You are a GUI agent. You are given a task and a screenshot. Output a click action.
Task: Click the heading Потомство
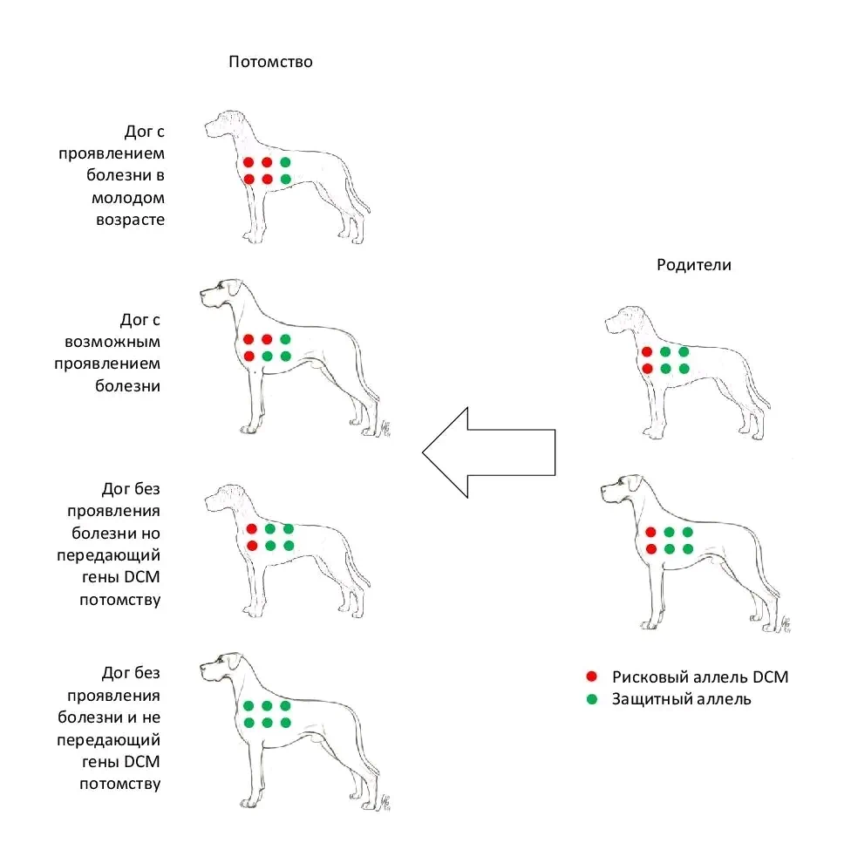coord(270,62)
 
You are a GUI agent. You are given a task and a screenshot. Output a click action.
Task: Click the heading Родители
coord(693,266)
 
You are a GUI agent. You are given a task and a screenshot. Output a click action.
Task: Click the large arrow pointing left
coord(488,452)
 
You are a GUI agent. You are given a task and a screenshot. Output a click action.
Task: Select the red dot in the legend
coord(592,676)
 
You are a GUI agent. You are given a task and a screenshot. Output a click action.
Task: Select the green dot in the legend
coord(592,699)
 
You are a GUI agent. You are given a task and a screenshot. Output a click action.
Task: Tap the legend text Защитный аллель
coord(681,699)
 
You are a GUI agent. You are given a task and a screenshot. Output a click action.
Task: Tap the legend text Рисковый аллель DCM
coord(700,676)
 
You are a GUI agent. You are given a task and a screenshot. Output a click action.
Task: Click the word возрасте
coord(130,219)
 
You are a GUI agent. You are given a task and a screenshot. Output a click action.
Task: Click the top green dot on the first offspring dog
coord(285,162)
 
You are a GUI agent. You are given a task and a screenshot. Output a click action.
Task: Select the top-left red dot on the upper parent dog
coord(647,352)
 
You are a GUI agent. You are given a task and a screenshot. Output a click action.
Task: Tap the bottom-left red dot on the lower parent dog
coord(650,549)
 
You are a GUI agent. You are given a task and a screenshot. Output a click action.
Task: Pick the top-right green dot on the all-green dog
coord(285,706)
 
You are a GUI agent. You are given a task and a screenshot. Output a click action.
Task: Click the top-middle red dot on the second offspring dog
coord(267,339)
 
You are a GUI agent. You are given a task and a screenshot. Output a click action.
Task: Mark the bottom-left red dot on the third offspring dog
coord(252,546)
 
